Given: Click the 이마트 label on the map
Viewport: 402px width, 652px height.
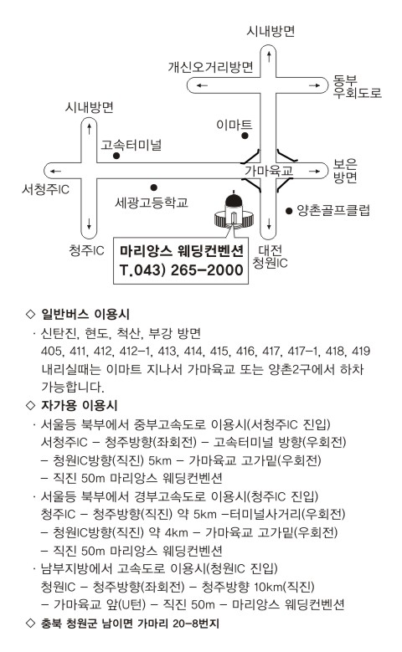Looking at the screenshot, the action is click(x=234, y=125).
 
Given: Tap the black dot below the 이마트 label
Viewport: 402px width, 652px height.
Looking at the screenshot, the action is click(x=245, y=136).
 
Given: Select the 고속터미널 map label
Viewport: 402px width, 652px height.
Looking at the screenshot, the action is click(x=131, y=145).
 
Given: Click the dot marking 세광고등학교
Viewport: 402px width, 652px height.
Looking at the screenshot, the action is click(x=153, y=187).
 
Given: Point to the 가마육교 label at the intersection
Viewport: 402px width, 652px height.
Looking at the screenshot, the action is click(x=269, y=171).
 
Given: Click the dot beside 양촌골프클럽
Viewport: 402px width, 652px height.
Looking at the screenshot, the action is click(x=289, y=211).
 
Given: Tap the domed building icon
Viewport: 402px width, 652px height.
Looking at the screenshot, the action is click(x=234, y=210).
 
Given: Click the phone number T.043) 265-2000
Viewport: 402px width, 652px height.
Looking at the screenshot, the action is click(x=181, y=270).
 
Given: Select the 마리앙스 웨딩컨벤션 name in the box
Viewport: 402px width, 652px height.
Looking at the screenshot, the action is click(x=181, y=251).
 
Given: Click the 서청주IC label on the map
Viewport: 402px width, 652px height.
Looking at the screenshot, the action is click(x=45, y=190).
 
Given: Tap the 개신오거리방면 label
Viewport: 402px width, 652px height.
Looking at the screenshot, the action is click(x=210, y=67).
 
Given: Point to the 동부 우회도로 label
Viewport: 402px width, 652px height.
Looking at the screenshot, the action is click(x=357, y=86).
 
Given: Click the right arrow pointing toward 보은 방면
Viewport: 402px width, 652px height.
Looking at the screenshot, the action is click(x=315, y=171).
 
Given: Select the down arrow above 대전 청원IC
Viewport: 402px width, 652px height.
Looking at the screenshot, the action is click(x=269, y=223).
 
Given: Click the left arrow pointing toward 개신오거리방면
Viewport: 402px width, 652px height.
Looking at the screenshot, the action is click(x=202, y=85).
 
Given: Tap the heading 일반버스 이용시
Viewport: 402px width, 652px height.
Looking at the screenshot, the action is click(x=85, y=314).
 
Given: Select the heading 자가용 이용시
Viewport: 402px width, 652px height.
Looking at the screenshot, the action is click(x=79, y=405).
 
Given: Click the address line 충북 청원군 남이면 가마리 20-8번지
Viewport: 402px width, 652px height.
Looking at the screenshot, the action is click(x=130, y=624).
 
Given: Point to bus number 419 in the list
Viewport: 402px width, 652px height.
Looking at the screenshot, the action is click(x=360, y=352).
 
